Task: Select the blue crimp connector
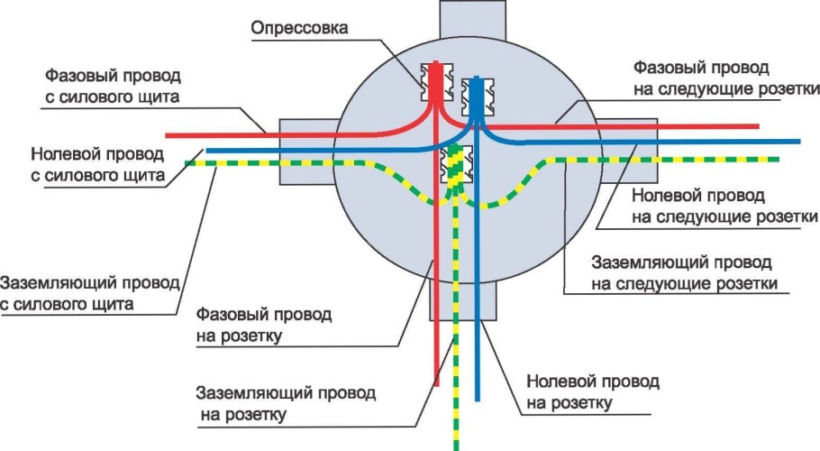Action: (x=474, y=97)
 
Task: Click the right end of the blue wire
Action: (x=798, y=142)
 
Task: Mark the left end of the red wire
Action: (x=169, y=136)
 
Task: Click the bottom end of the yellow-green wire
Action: (x=455, y=446)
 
